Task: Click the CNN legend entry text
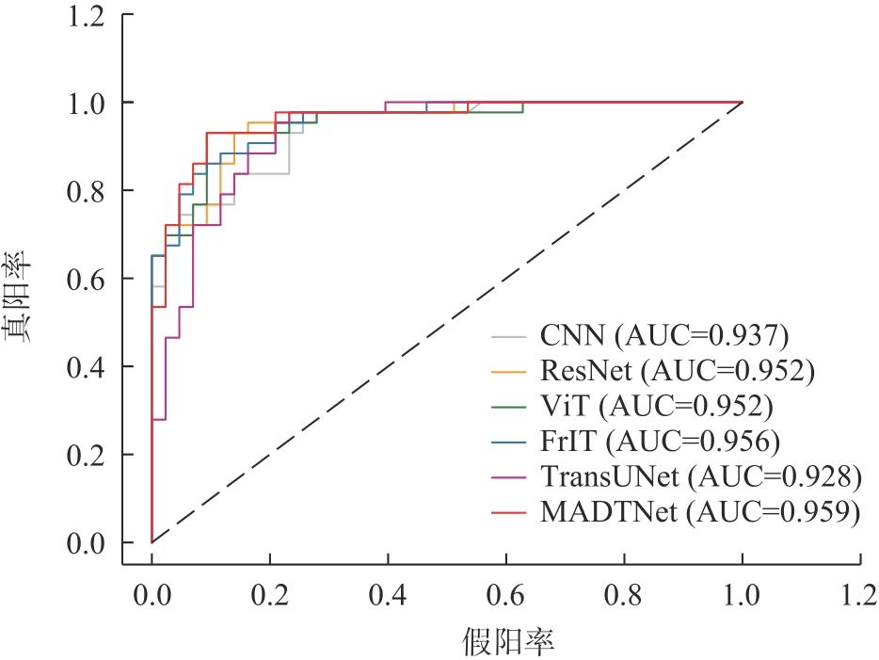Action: tap(664, 336)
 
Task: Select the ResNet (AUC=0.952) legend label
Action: tap(678, 371)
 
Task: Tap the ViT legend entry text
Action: tap(657, 406)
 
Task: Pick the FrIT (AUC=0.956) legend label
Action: tap(660, 442)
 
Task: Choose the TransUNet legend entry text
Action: tap(701, 476)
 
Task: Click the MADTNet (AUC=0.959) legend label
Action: tap(700, 512)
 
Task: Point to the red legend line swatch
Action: tap(508, 512)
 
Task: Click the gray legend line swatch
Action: tap(508, 336)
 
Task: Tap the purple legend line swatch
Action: tap(508, 477)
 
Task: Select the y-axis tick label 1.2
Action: tap(86, 16)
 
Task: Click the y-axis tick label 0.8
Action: tap(86, 191)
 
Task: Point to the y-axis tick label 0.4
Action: tap(86, 367)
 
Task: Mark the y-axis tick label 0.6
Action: tap(86, 280)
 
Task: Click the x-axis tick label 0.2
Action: tap(270, 595)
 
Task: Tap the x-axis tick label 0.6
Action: tap(505, 595)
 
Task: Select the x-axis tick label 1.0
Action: tap(742, 595)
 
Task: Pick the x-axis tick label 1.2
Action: tap(859, 595)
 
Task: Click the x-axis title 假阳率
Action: tap(508, 641)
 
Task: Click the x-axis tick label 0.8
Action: tap(623, 595)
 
